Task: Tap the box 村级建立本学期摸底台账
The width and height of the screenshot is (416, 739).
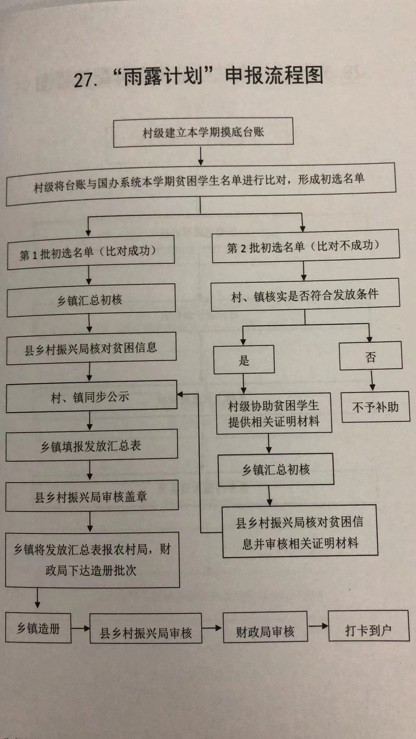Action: click(x=203, y=132)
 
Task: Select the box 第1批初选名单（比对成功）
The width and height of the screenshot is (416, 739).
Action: click(x=91, y=252)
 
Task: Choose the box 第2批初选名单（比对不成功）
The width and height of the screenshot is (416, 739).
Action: click(x=305, y=246)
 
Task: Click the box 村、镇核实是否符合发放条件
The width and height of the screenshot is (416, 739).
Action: click(x=305, y=295)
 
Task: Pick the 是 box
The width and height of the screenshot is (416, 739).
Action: click(x=244, y=359)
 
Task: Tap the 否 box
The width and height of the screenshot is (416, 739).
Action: click(x=371, y=356)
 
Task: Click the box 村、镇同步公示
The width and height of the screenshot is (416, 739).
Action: click(x=92, y=396)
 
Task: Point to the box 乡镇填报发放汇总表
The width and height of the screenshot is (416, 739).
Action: click(x=92, y=445)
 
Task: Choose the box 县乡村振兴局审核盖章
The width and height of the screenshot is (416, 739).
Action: click(x=92, y=496)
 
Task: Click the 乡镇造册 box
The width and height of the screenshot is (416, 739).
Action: click(x=38, y=628)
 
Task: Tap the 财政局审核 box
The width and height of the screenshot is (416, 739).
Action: click(x=265, y=627)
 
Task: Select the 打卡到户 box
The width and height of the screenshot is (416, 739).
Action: click(x=369, y=626)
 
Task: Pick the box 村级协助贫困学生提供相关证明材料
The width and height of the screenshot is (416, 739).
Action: click(x=274, y=414)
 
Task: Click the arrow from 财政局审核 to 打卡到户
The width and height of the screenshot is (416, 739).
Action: click(x=318, y=626)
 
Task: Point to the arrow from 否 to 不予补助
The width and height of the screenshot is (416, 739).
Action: click(x=372, y=380)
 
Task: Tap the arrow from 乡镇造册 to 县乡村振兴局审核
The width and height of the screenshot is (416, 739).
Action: click(x=81, y=629)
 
